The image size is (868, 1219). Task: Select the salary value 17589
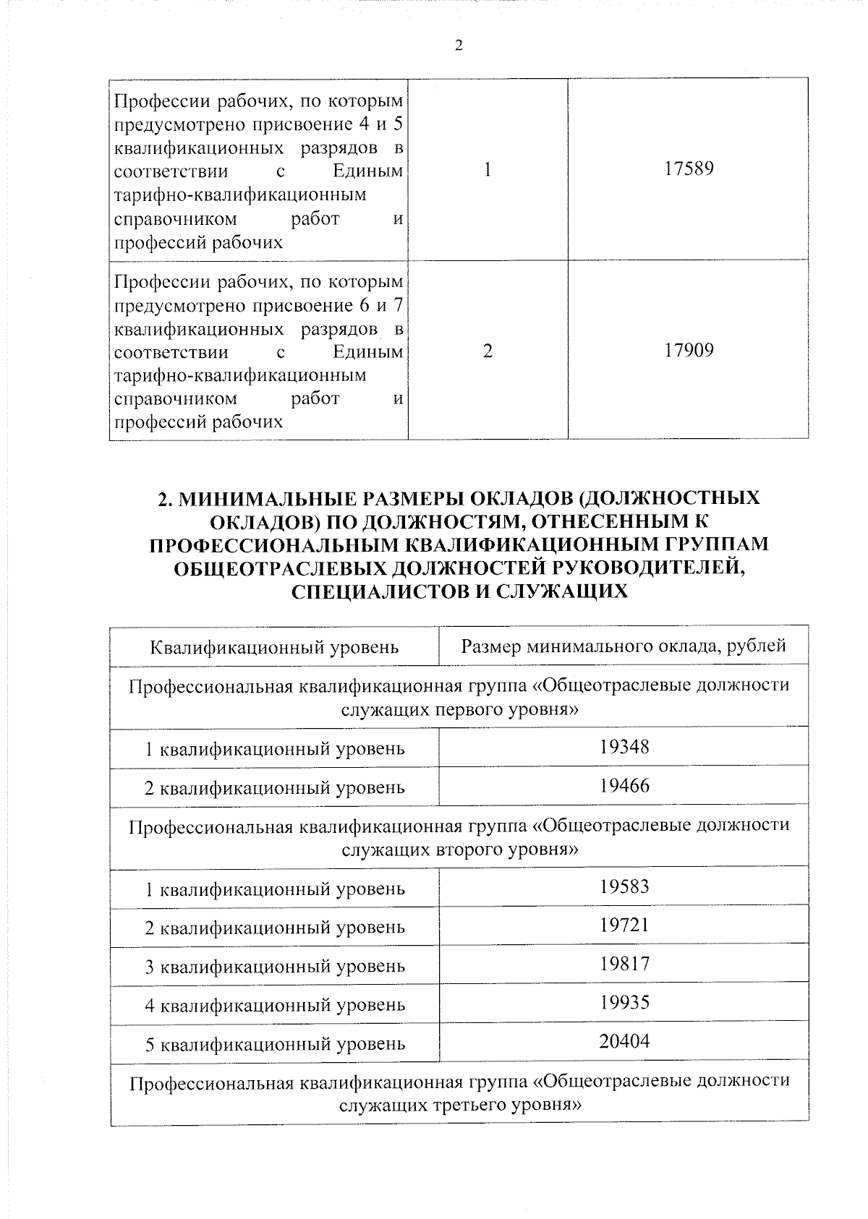[x=688, y=169]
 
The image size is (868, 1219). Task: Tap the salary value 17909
[x=688, y=351]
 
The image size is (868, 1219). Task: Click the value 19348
[x=624, y=746]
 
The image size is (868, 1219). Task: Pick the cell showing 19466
[x=624, y=785]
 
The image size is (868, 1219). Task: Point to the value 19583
[x=624, y=886]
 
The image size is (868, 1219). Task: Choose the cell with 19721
[x=624, y=925]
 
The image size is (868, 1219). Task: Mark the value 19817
[x=624, y=964]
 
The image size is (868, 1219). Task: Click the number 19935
[x=624, y=1002]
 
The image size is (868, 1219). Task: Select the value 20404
[x=624, y=1041]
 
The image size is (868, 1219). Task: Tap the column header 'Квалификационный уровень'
[x=274, y=646]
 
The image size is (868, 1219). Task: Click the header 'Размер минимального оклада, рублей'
[x=624, y=646]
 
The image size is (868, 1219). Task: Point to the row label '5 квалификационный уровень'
[x=275, y=1044]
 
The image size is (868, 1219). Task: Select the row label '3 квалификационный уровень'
[x=275, y=967]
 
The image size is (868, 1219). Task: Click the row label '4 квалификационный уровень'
[x=275, y=1005]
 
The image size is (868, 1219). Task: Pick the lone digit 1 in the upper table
[x=488, y=170]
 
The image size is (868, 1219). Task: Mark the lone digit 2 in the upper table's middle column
[x=488, y=351]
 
